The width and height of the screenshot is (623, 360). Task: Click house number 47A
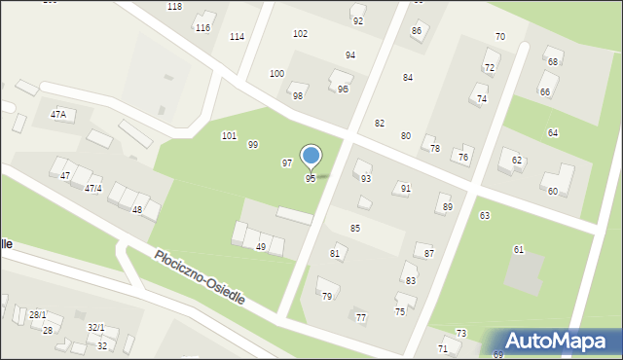(59, 115)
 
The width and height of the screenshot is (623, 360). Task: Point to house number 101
(229, 135)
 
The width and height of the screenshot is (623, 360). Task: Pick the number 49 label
(261, 247)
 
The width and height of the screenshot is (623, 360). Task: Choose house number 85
(355, 228)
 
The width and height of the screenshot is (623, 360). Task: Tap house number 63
(485, 215)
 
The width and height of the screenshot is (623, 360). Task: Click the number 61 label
(519, 250)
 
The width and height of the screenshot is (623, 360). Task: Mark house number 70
(499, 37)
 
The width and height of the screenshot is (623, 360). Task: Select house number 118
(174, 6)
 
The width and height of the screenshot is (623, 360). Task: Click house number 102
(300, 33)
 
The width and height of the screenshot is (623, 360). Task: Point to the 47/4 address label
(93, 188)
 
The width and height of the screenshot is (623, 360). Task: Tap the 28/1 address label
(37, 314)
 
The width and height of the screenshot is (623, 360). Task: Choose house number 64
(553, 132)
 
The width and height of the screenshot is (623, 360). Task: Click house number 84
(408, 77)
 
